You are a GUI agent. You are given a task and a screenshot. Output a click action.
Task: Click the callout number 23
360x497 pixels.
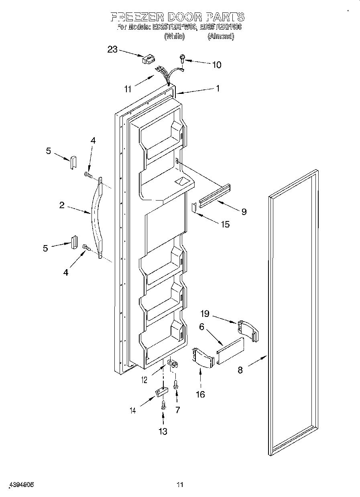pos(112,49)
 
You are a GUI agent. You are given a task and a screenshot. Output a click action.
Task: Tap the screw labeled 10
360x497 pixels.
pos(183,59)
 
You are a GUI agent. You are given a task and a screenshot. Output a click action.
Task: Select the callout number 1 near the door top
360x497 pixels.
pos(218,89)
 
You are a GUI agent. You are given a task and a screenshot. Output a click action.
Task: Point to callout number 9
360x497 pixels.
pos(244,211)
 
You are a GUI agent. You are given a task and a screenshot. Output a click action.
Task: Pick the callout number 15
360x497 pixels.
pos(225,224)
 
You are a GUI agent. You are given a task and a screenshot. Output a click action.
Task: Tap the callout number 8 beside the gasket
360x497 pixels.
pos(240,370)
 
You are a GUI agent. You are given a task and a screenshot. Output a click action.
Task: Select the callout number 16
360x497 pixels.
pos(200,394)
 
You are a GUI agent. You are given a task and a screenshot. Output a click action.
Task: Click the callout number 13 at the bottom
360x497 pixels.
pos(163,431)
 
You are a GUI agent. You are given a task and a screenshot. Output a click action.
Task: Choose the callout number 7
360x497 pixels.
pos(177,410)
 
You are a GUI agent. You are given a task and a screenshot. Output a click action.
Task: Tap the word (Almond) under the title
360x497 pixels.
pos(220,36)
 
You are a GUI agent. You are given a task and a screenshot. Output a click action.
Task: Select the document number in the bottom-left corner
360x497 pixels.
pos(20,485)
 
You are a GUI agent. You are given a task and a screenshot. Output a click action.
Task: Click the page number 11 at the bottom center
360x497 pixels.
pos(180,485)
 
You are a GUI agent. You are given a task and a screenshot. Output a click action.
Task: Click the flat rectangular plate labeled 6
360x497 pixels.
pos(230,351)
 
